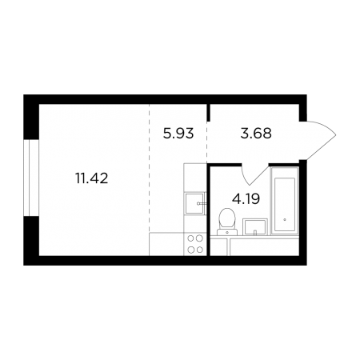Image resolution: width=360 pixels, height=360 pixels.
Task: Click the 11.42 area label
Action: (92, 178)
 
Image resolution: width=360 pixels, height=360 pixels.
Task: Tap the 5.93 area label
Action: (178, 134)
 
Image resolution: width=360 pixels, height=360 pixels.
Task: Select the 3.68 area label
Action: (256, 134)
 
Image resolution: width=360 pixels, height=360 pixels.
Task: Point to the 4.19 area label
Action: (246, 198)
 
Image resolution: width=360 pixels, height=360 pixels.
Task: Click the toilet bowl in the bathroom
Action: (227, 218)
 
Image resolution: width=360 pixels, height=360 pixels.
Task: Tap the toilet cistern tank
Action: (227, 232)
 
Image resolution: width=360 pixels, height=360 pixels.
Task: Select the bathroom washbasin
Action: (255, 227)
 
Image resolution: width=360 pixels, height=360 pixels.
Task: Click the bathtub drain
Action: (285, 220)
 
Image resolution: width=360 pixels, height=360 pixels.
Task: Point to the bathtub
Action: (285, 201)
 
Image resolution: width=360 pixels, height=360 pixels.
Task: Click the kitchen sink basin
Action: (194, 203)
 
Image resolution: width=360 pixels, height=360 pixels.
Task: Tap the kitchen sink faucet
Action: (202, 203)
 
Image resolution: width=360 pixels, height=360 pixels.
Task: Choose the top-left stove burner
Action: (190, 238)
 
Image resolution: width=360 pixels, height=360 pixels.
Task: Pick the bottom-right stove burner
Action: (199, 250)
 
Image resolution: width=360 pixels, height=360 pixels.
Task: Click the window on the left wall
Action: (31, 178)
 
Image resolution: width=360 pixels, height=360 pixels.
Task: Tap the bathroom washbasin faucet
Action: (255, 233)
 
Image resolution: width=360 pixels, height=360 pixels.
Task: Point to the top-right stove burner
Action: (199, 238)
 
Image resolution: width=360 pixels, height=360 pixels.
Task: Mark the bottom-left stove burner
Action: (190, 250)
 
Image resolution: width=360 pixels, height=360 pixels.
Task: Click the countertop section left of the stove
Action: (166, 244)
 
